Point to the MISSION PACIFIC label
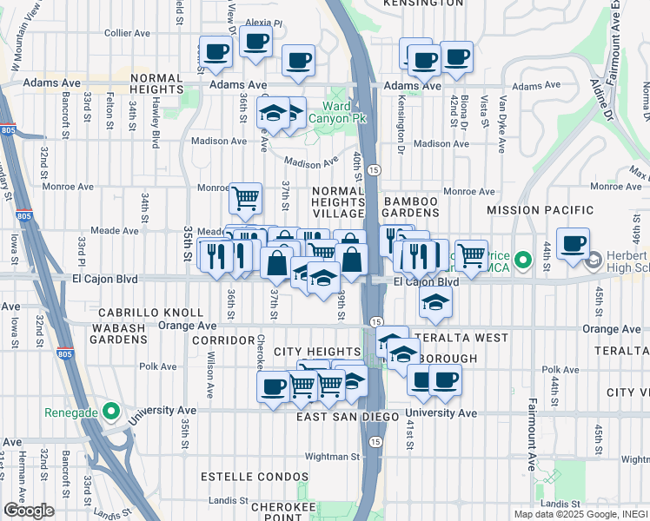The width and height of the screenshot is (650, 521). coord(540,210)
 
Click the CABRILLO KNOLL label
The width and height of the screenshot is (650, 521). coord(150,312)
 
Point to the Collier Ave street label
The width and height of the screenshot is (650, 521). coord(129,32)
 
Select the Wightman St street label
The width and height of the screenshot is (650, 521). coord(331,456)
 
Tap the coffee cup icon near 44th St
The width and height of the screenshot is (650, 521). coord(572,243)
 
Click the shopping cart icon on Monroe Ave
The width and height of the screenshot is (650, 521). coord(245,197)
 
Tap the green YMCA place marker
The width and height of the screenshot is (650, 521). coord(522,260)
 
